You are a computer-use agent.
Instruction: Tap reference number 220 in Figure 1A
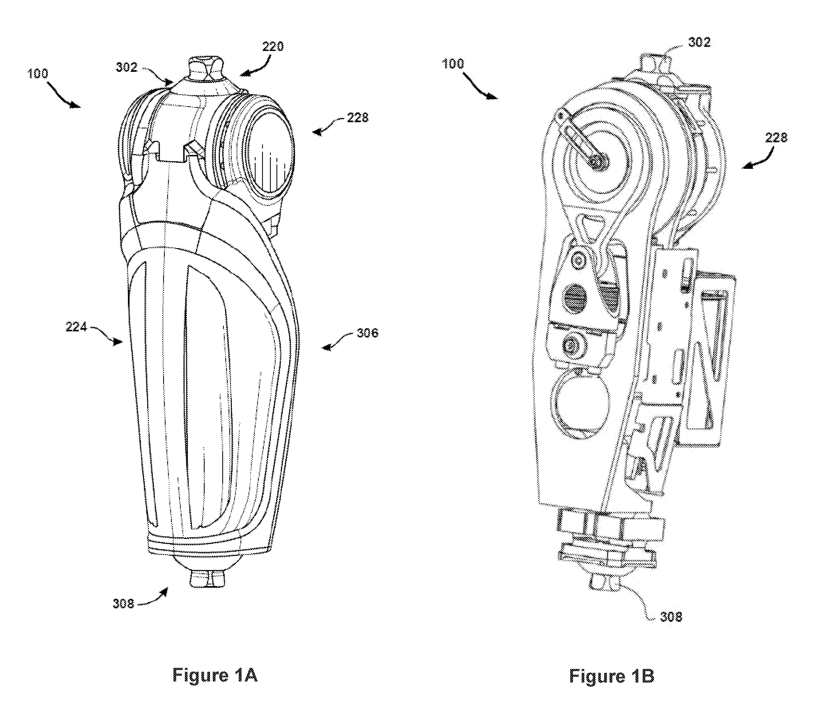(273, 47)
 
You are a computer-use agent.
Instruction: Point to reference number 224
(76, 327)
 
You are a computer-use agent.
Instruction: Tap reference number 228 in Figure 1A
(357, 118)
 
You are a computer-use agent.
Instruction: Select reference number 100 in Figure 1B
(453, 64)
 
